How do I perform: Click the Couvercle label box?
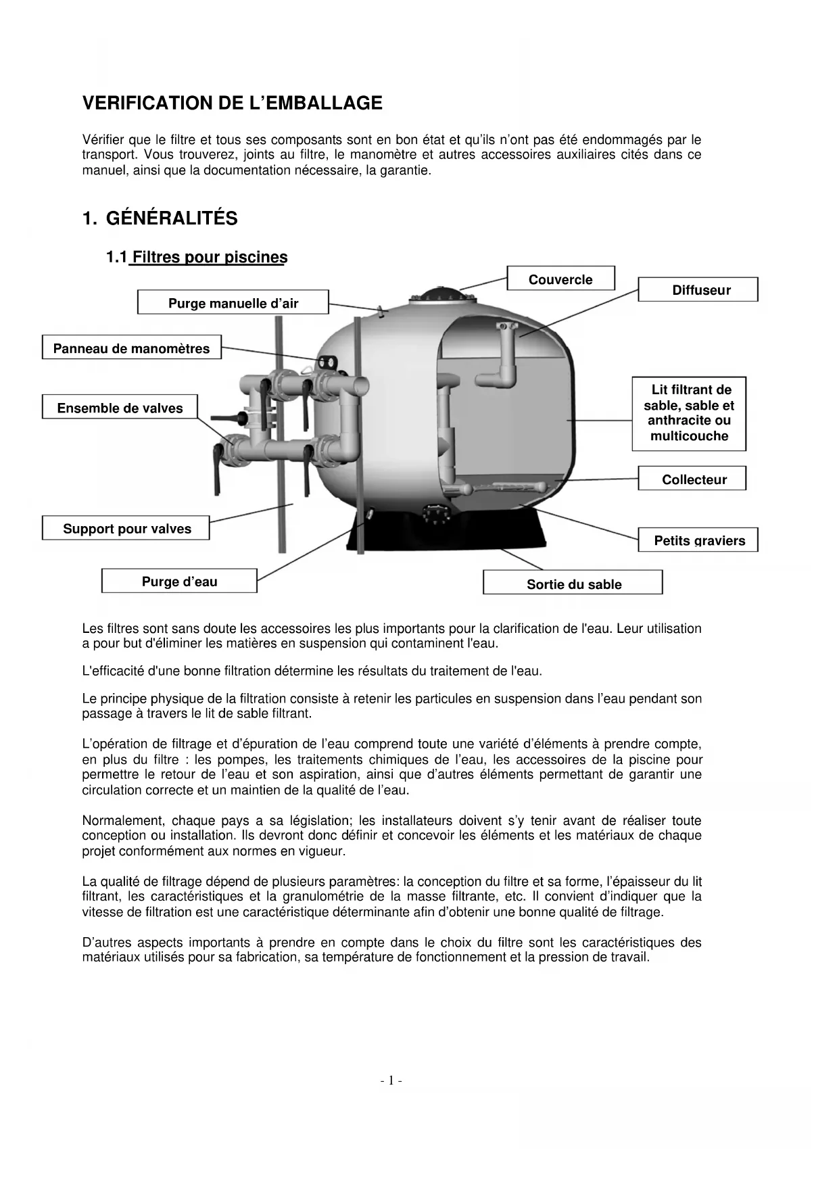[560, 279]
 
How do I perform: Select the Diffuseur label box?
[698, 289]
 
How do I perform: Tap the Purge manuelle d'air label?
[233, 302]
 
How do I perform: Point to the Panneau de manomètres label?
[131, 348]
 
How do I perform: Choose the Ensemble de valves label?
[120, 407]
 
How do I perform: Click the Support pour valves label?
[126, 527]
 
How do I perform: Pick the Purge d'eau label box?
[179, 581]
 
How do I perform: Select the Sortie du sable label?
[573, 583]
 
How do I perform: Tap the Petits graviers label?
[698, 540]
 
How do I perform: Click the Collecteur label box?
[692, 479]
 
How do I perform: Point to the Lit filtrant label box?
[689, 413]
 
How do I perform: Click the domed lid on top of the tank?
[439, 295]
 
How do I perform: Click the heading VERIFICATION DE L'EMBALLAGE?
[232, 103]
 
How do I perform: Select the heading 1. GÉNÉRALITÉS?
[160, 218]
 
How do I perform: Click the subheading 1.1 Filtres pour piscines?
[197, 257]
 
